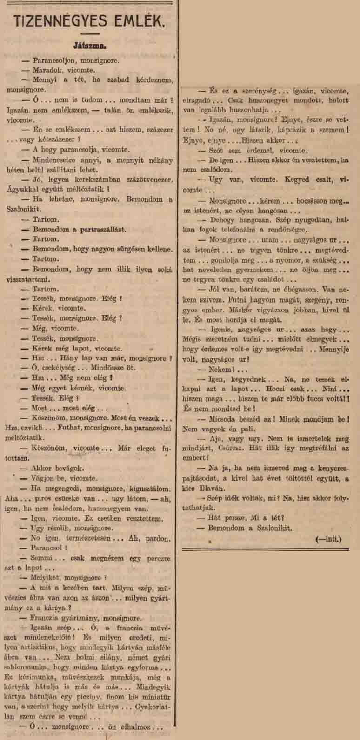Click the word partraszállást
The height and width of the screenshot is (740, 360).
96,230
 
